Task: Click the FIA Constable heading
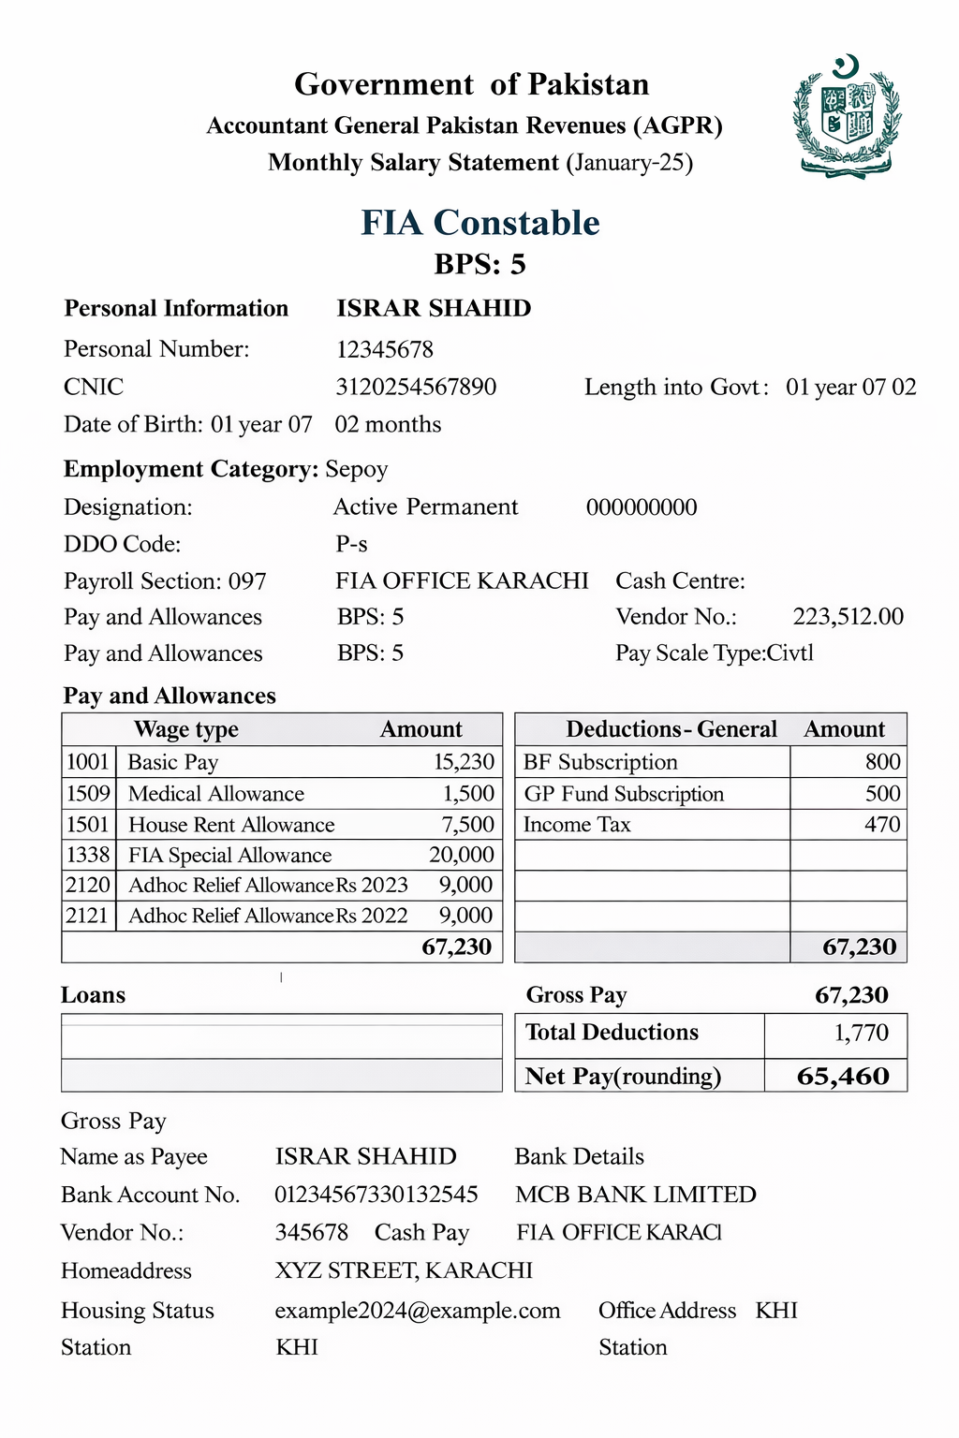480,223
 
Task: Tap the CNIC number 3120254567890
416,387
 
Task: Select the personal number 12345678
385,349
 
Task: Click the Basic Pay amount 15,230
464,762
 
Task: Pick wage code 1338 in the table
88,855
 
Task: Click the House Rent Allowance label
231,825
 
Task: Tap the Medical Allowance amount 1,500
468,794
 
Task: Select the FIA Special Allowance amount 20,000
462,855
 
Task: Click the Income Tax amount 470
882,825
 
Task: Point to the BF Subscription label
600,762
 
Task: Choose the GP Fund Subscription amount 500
882,794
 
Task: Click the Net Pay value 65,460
843,1076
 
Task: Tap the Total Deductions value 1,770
861,1033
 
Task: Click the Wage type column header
186,729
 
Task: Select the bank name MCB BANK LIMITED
636,1195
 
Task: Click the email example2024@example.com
418,1311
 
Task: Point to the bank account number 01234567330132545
376,1195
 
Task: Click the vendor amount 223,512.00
848,617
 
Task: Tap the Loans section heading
93,995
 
